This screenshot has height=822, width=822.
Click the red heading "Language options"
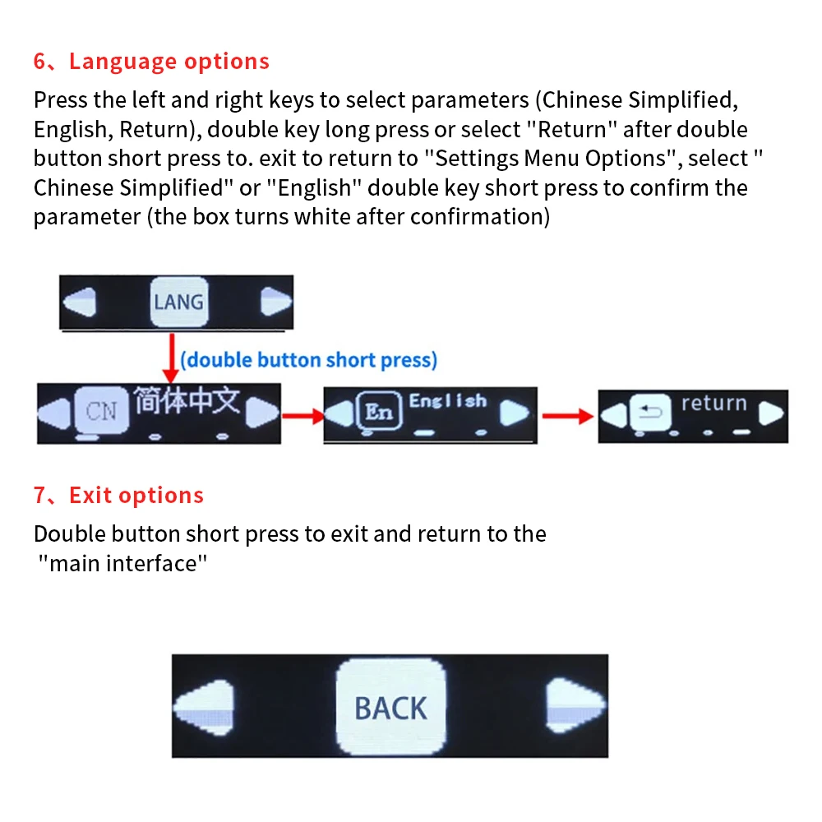click(169, 62)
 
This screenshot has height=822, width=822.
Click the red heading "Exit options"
click(136, 496)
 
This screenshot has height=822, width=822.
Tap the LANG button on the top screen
click(179, 302)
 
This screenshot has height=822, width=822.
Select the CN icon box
click(102, 411)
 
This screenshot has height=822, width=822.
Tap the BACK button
click(390, 706)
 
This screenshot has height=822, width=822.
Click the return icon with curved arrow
click(650, 413)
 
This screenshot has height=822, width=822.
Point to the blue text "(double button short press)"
click(309, 360)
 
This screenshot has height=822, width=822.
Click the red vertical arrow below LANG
click(171, 358)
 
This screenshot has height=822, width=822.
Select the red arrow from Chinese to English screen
click(303, 416)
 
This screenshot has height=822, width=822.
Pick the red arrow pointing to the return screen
click(568, 416)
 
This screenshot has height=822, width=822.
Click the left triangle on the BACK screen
click(205, 708)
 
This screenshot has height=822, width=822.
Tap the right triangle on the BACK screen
click(575, 705)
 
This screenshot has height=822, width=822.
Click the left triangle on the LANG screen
click(81, 302)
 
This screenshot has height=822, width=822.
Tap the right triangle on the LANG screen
click(275, 302)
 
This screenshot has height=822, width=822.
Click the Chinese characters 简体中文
click(187, 401)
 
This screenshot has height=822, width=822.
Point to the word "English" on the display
click(448, 401)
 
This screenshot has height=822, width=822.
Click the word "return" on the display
click(714, 403)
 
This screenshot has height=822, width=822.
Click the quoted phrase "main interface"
click(122, 564)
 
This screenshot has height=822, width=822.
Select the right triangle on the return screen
click(771, 413)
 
